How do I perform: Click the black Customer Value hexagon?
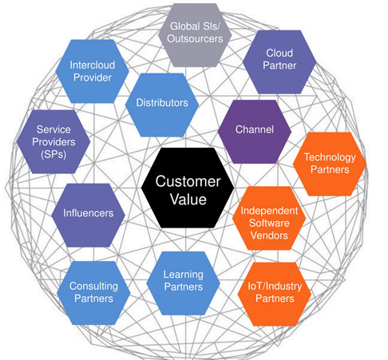tap(188, 188)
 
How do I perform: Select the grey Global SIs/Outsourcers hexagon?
tap(195, 35)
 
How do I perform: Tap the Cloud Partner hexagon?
tap(279, 62)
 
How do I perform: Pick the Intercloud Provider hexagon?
tap(93, 71)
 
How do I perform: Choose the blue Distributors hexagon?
tap(162, 105)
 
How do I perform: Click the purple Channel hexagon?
tap(255, 132)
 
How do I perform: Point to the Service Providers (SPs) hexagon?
tap(53, 142)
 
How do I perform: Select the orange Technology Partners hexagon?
tap(330, 164)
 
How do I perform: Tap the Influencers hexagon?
tap(88, 216)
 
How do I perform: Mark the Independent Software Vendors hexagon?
tap(269, 218)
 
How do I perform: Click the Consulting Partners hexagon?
tap(93, 293)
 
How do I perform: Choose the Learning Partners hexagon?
tap(184, 283)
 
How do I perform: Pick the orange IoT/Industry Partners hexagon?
tap(275, 294)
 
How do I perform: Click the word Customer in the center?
tap(188, 181)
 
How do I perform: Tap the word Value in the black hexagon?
tap(188, 200)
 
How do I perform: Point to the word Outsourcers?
tap(195, 39)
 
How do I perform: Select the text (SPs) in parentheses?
tap(53, 154)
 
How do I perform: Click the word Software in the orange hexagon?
tap(269, 223)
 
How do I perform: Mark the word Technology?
tap(330, 157)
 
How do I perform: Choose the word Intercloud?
tap(93, 65)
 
